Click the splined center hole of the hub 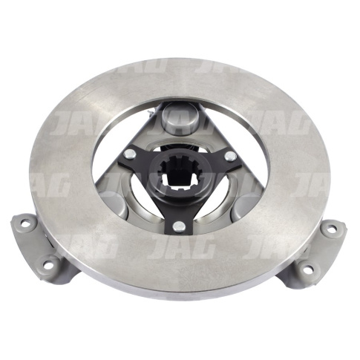point(180,174)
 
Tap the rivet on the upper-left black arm point(131,154)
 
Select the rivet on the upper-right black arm point(230,156)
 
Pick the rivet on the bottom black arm point(179,226)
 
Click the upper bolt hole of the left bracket point(24,223)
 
